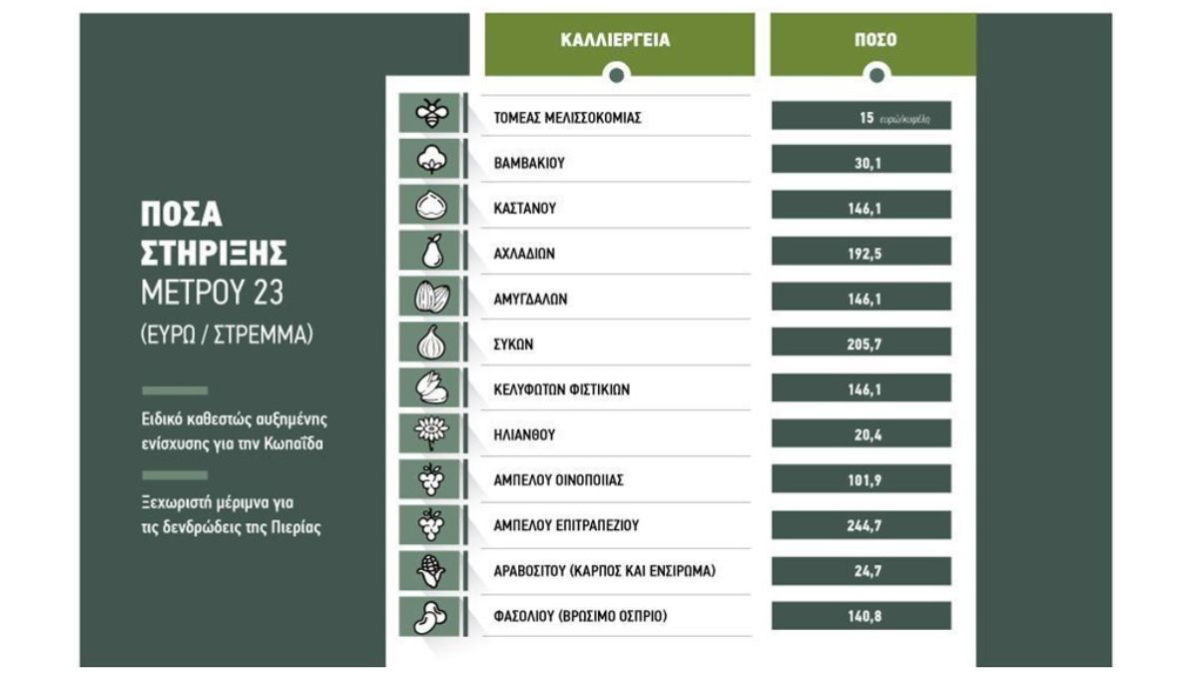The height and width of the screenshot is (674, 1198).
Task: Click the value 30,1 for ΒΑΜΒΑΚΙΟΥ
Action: point(861,163)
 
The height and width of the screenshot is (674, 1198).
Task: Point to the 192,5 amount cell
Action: point(861,254)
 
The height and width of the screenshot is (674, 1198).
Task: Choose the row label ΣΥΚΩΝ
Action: point(514,343)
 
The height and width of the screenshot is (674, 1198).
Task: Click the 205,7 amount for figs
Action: point(861,343)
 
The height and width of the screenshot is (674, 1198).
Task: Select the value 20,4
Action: point(861,434)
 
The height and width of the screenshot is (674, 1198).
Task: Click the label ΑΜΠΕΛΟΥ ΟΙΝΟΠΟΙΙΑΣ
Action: point(559,480)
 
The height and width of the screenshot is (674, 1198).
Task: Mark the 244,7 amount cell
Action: point(861,525)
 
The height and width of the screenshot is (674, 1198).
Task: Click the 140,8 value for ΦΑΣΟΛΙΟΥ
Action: point(861,616)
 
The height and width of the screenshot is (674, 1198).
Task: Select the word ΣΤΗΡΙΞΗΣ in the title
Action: point(214,254)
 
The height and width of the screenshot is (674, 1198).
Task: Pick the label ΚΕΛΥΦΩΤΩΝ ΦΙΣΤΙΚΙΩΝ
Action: point(562,389)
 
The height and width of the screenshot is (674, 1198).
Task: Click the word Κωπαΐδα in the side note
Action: point(295,443)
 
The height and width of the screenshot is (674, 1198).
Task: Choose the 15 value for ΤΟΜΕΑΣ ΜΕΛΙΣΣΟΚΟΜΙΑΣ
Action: point(866,118)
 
